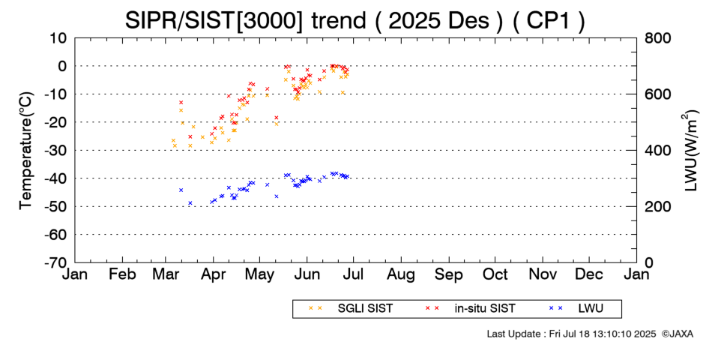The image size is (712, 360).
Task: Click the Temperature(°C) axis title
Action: [25, 149]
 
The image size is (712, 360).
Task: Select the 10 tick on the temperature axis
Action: [58, 37]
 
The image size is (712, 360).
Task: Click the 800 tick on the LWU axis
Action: [657, 37]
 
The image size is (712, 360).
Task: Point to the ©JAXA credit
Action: [678, 333]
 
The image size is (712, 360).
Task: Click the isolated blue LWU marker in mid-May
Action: [277, 196]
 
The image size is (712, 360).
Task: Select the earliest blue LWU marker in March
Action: [181, 190]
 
